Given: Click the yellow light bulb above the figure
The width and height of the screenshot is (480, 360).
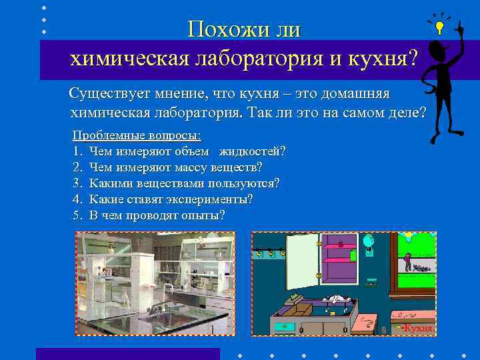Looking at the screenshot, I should (439, 27).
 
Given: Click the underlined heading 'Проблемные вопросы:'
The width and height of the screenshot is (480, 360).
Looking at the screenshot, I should (137, 135).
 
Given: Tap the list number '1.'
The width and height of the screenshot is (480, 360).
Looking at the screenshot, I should (77, 151).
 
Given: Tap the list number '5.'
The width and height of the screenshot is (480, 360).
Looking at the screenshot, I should (77, 215).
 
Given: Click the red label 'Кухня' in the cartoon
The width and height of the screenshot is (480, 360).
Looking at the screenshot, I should (419, 328).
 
